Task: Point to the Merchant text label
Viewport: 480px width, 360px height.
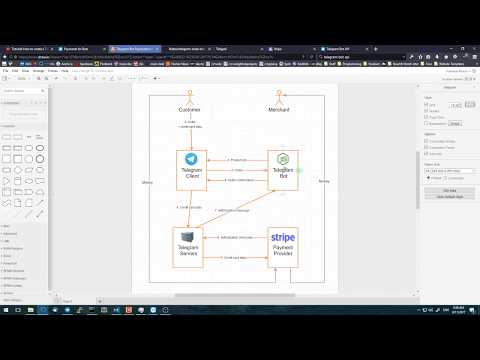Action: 282,110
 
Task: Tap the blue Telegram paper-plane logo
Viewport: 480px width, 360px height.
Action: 189,159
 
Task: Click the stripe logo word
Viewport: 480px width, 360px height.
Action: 283,237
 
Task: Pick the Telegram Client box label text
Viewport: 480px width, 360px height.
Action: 189,175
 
